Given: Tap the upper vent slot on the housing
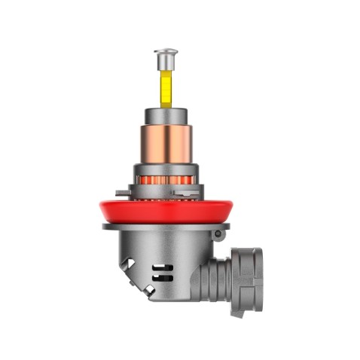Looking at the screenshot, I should tap(160, 267).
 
